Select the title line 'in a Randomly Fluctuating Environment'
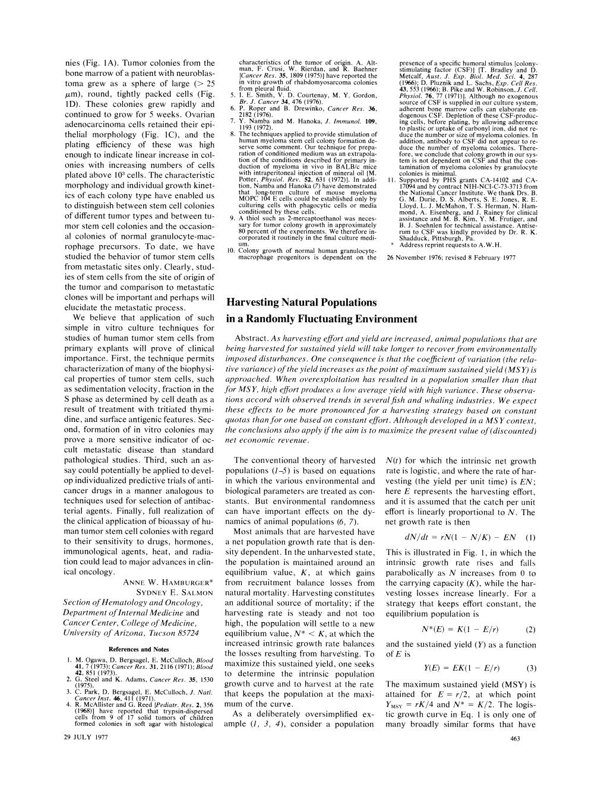pos(321,319)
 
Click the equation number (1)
pos(530,538)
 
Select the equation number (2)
pos(530,630)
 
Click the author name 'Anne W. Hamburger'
pos(168,582)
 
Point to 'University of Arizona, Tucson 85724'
pos(131,633)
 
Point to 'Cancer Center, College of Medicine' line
pos(129,623)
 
